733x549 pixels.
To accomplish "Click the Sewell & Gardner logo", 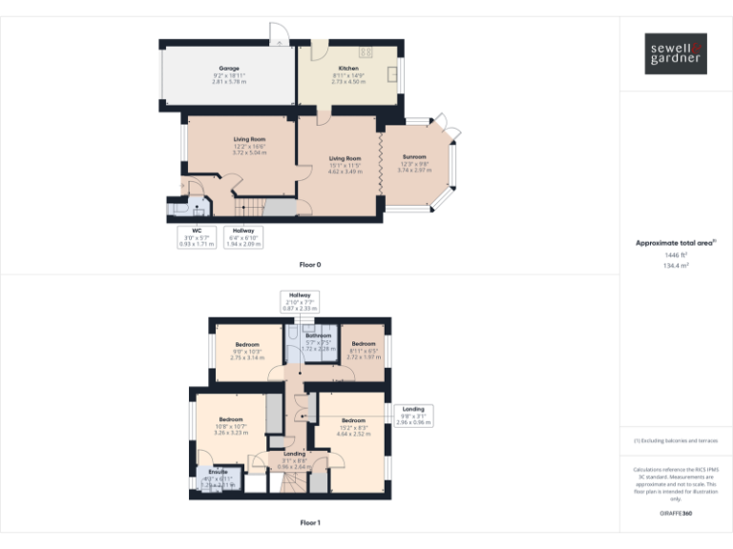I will coord(676,53).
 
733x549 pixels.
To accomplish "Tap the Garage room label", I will coord(229,69).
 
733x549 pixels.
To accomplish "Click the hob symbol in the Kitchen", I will coord(365,51).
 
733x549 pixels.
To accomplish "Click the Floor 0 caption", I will coord(310,263).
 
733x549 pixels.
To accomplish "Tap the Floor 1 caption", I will coord(310,522).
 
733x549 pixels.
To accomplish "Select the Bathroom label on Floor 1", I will coord(319,336).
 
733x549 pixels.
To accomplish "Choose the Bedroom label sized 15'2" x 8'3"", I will coord(353,420).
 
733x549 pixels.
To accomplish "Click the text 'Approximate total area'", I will coord(674,244).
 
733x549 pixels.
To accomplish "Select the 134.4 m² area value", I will coord(676,266).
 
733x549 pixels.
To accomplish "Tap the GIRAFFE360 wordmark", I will coord(676,513).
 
